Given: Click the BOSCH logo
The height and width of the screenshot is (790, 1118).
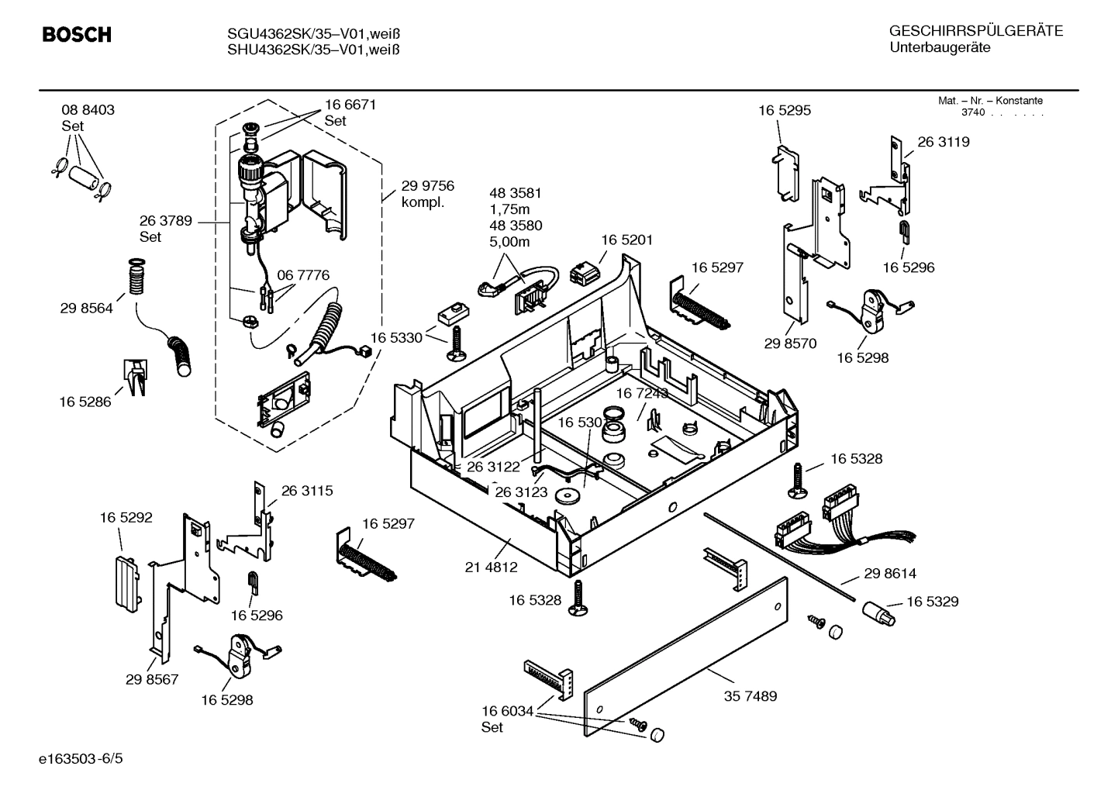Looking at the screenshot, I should [76, 35].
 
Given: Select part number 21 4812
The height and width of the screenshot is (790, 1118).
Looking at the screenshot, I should [491, 567].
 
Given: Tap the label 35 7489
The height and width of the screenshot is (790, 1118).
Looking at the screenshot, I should [750, 696].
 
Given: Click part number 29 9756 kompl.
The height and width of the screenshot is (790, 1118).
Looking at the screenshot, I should [427, 194].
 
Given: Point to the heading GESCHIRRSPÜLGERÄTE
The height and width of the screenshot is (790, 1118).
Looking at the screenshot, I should [975, 31].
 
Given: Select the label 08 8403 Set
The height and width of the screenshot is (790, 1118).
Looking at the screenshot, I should [88, 118].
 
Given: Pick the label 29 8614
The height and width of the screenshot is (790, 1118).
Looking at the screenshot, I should [889, 574].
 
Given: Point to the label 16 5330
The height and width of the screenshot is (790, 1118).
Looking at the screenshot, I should [395, 338].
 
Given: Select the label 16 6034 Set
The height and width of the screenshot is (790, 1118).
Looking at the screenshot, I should [507, 719].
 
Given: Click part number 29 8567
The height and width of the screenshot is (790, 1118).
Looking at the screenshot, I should [151, 679].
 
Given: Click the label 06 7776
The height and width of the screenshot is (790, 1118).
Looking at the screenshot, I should [303, 275].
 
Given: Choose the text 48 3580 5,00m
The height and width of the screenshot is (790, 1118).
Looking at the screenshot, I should [515, 233].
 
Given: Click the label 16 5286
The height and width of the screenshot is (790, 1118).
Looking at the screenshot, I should [85, 402].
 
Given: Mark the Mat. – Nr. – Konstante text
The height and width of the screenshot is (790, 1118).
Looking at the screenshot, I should [990, 101].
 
